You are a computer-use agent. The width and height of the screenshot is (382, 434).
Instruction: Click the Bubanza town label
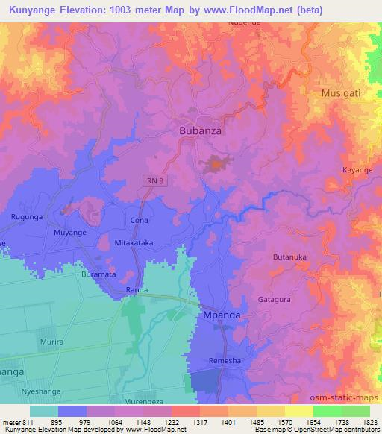pos(201,130)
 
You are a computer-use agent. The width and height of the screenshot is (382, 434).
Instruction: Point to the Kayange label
pos(357,170)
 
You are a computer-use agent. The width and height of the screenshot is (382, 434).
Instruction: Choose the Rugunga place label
pos(25,217)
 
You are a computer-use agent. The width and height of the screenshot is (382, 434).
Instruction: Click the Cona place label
pos(140,221)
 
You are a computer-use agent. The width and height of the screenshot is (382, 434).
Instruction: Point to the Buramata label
pos(98,274)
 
